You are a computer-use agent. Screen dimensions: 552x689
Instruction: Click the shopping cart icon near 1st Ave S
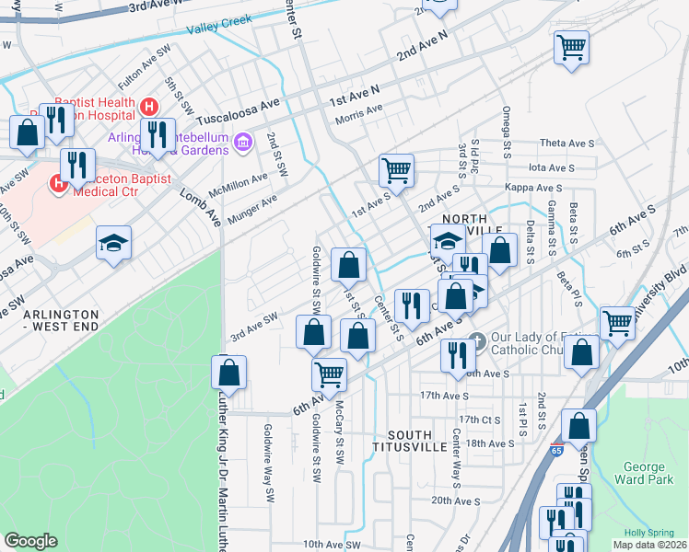coord(396,168)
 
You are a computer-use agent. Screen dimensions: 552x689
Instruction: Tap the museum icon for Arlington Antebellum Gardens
coord(243,142)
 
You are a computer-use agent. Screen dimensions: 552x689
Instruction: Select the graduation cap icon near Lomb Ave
coord(114,243)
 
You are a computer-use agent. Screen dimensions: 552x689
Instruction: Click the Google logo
coord(30,541)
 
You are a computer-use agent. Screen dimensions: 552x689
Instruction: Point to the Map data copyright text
coord(649,544)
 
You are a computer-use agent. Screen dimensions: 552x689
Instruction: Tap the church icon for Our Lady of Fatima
coord(475,339)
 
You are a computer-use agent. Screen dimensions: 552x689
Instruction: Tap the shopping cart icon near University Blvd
coord(616,322)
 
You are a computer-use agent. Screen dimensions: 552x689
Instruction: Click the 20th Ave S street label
coord(455,501)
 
